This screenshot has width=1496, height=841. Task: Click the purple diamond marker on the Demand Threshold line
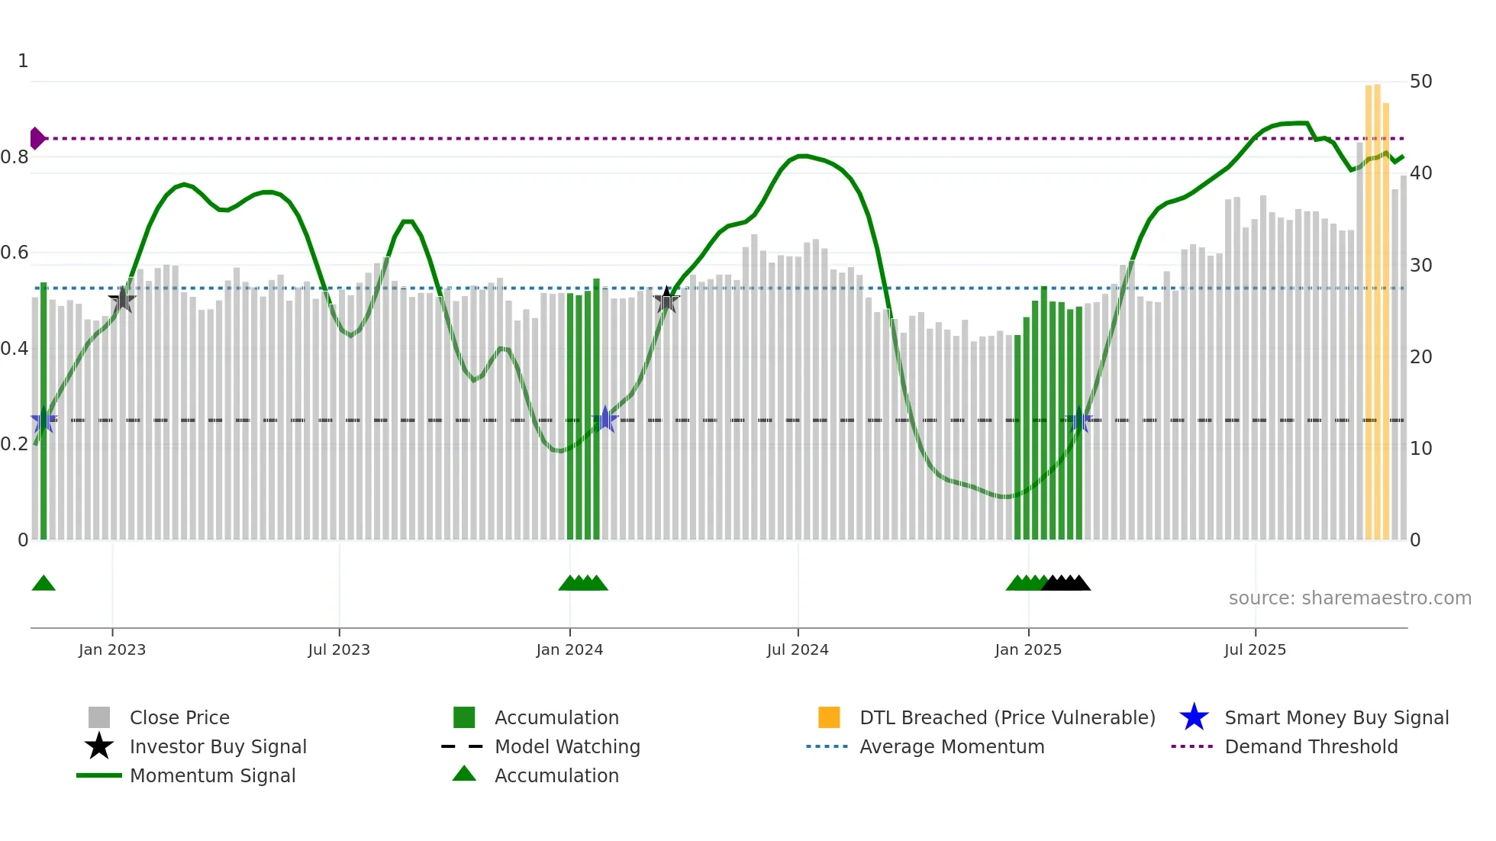pos(37,138)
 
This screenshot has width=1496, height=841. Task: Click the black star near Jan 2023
pos(122,300)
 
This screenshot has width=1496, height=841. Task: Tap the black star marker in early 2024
pos(667,300)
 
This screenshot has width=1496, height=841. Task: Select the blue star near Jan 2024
pos(605,419)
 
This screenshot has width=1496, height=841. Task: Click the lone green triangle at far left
pos(44,583)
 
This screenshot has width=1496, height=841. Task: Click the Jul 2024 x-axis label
pos(798,649)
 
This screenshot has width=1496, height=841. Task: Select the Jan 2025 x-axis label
pos(1028,649)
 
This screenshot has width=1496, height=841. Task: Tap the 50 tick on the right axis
pos(1420,82)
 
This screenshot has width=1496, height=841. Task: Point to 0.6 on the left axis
pos(15,253)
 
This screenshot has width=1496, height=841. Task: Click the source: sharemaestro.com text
pos(1349,598)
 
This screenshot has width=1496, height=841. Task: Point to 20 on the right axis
pos(1420,357)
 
